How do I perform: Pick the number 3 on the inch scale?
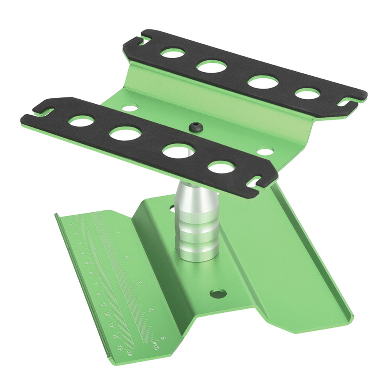click(x=139, y=283)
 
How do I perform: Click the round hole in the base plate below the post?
click(x=217, y=293)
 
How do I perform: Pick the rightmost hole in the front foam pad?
click(x=220, y=167)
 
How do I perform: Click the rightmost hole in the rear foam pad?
click(x=307, y=94)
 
